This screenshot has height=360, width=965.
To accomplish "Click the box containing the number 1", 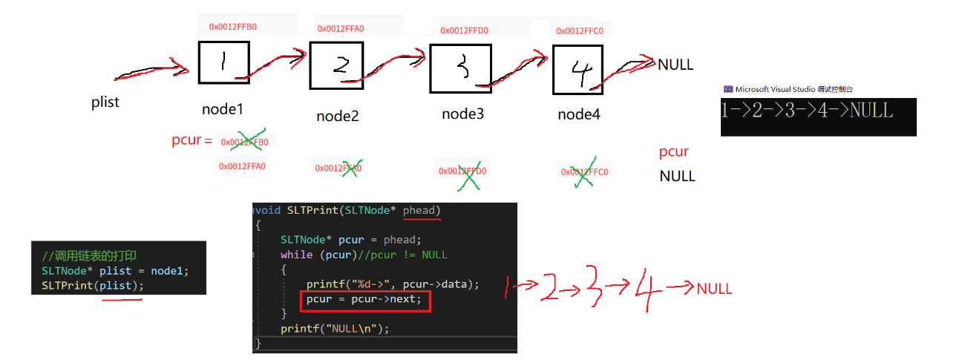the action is [x=223, y=62].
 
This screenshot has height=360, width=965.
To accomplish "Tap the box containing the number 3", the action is [x=460, y=69].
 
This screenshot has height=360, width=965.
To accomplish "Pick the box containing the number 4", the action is [x=577, y=70].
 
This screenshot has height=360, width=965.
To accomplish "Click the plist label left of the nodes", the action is [x=105, y=102].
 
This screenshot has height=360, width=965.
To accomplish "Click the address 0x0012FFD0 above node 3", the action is [x=464, y=30].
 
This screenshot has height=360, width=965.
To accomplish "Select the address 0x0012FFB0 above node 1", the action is [x=232, y=27].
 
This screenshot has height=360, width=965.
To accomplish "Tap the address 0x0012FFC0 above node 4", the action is [x=580, y=30].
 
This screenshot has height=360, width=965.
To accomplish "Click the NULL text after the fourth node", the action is [x=675, y=65].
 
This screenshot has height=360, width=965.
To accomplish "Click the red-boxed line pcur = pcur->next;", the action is [x=364, y=300].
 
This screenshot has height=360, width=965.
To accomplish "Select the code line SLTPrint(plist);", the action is [x=92, y=286].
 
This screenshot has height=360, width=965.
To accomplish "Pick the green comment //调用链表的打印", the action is [x=89, y=255].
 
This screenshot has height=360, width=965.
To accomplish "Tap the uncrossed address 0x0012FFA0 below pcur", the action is [x=242, y=166].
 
